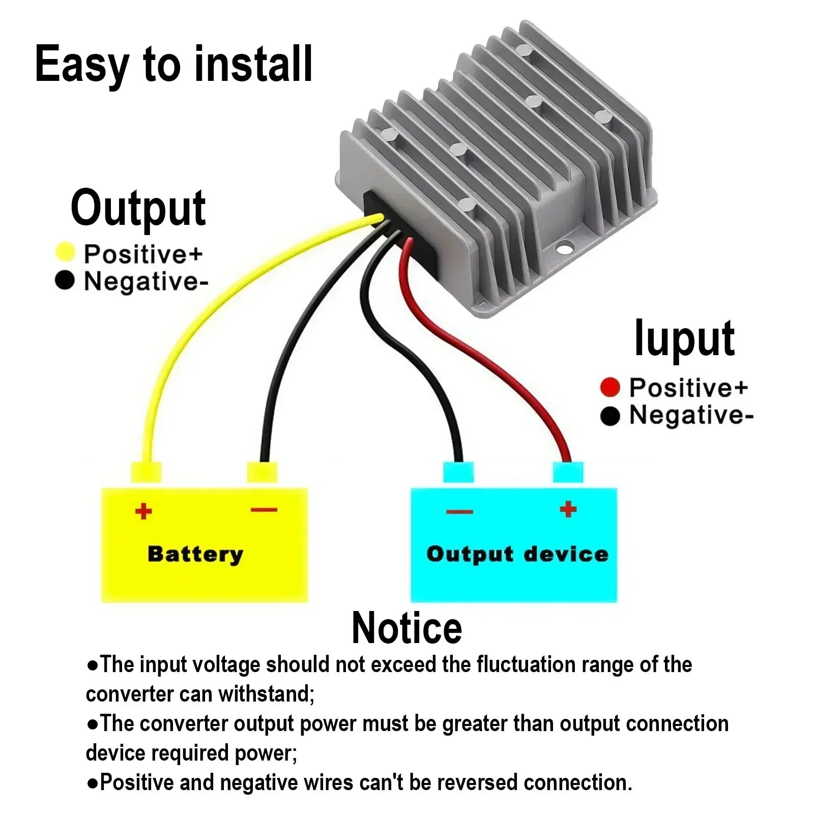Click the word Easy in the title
point(81,65)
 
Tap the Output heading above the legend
point(138,209)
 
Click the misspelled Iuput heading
point(684,338)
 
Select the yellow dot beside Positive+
point(65,252)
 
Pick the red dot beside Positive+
point(610,387)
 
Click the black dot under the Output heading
point(65,280)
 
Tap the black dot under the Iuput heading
point(610,416)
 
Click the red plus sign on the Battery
point(143,511)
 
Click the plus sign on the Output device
point(568,509)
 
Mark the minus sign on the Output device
point(460,511)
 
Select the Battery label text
point(195,554)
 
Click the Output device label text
point(517,554)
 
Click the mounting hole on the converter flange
point(565,249)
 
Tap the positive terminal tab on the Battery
point(147,472)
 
